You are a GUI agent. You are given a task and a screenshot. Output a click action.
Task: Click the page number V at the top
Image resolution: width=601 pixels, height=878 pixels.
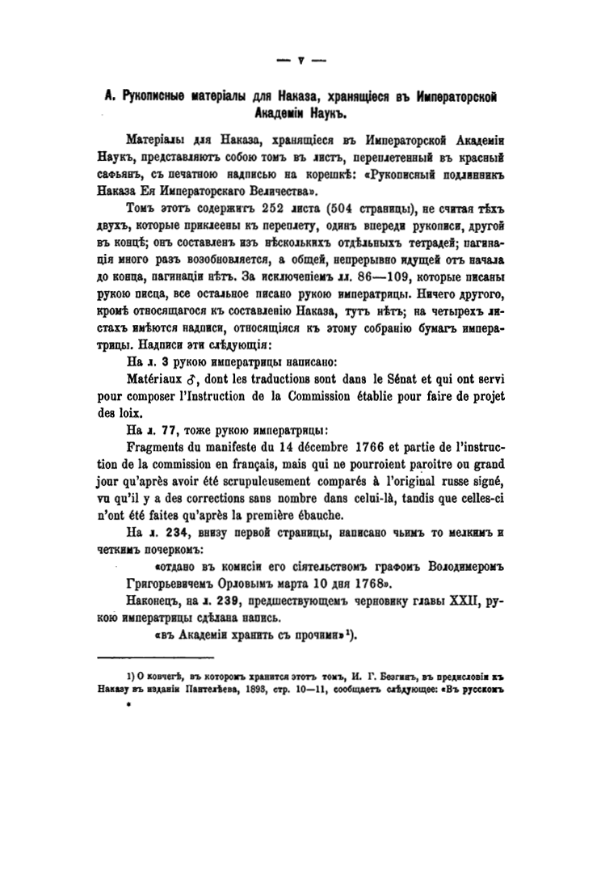(300, 59)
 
